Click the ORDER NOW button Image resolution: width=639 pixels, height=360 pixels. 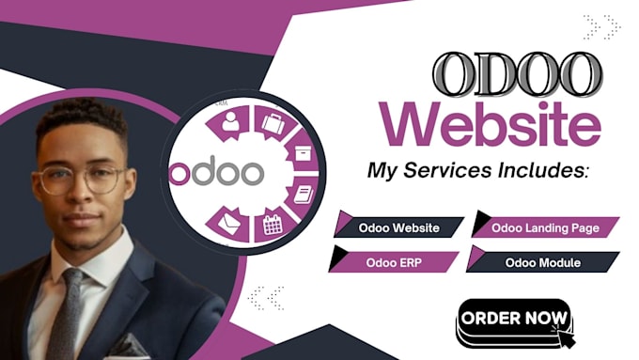514,318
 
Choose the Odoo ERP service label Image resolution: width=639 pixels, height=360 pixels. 395,260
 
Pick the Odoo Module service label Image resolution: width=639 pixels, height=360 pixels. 543,260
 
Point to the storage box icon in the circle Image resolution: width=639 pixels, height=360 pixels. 302,149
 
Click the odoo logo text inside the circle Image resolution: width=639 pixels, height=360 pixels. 216,174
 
